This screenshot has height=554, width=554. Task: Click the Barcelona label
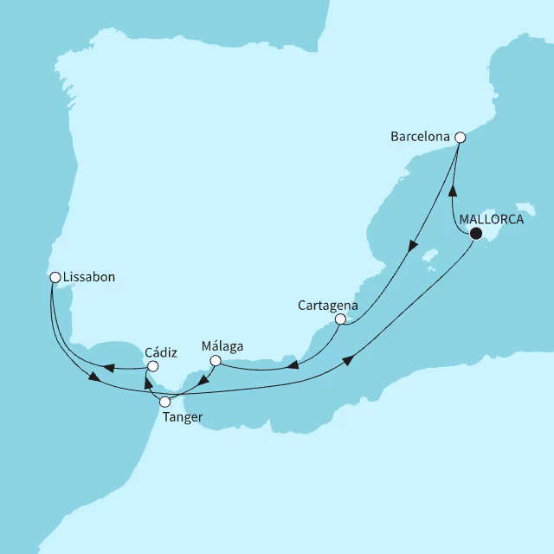[421, 137]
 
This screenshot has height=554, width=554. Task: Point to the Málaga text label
[222, 346]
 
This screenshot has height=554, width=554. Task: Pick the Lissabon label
[89, 278]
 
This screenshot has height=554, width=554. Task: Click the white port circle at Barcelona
[461, 137]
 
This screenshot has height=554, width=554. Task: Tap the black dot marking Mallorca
[475, 232]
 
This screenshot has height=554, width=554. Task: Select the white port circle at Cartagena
[340, 319]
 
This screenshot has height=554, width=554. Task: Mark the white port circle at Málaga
[216, 360]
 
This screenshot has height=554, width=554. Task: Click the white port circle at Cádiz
[152, 366]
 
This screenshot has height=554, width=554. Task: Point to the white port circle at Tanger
[165, 402]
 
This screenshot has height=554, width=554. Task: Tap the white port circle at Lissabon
[55, 278]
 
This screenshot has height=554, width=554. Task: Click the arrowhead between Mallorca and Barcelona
[451, 191]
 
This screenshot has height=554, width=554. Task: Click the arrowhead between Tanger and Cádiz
[148, 385]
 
